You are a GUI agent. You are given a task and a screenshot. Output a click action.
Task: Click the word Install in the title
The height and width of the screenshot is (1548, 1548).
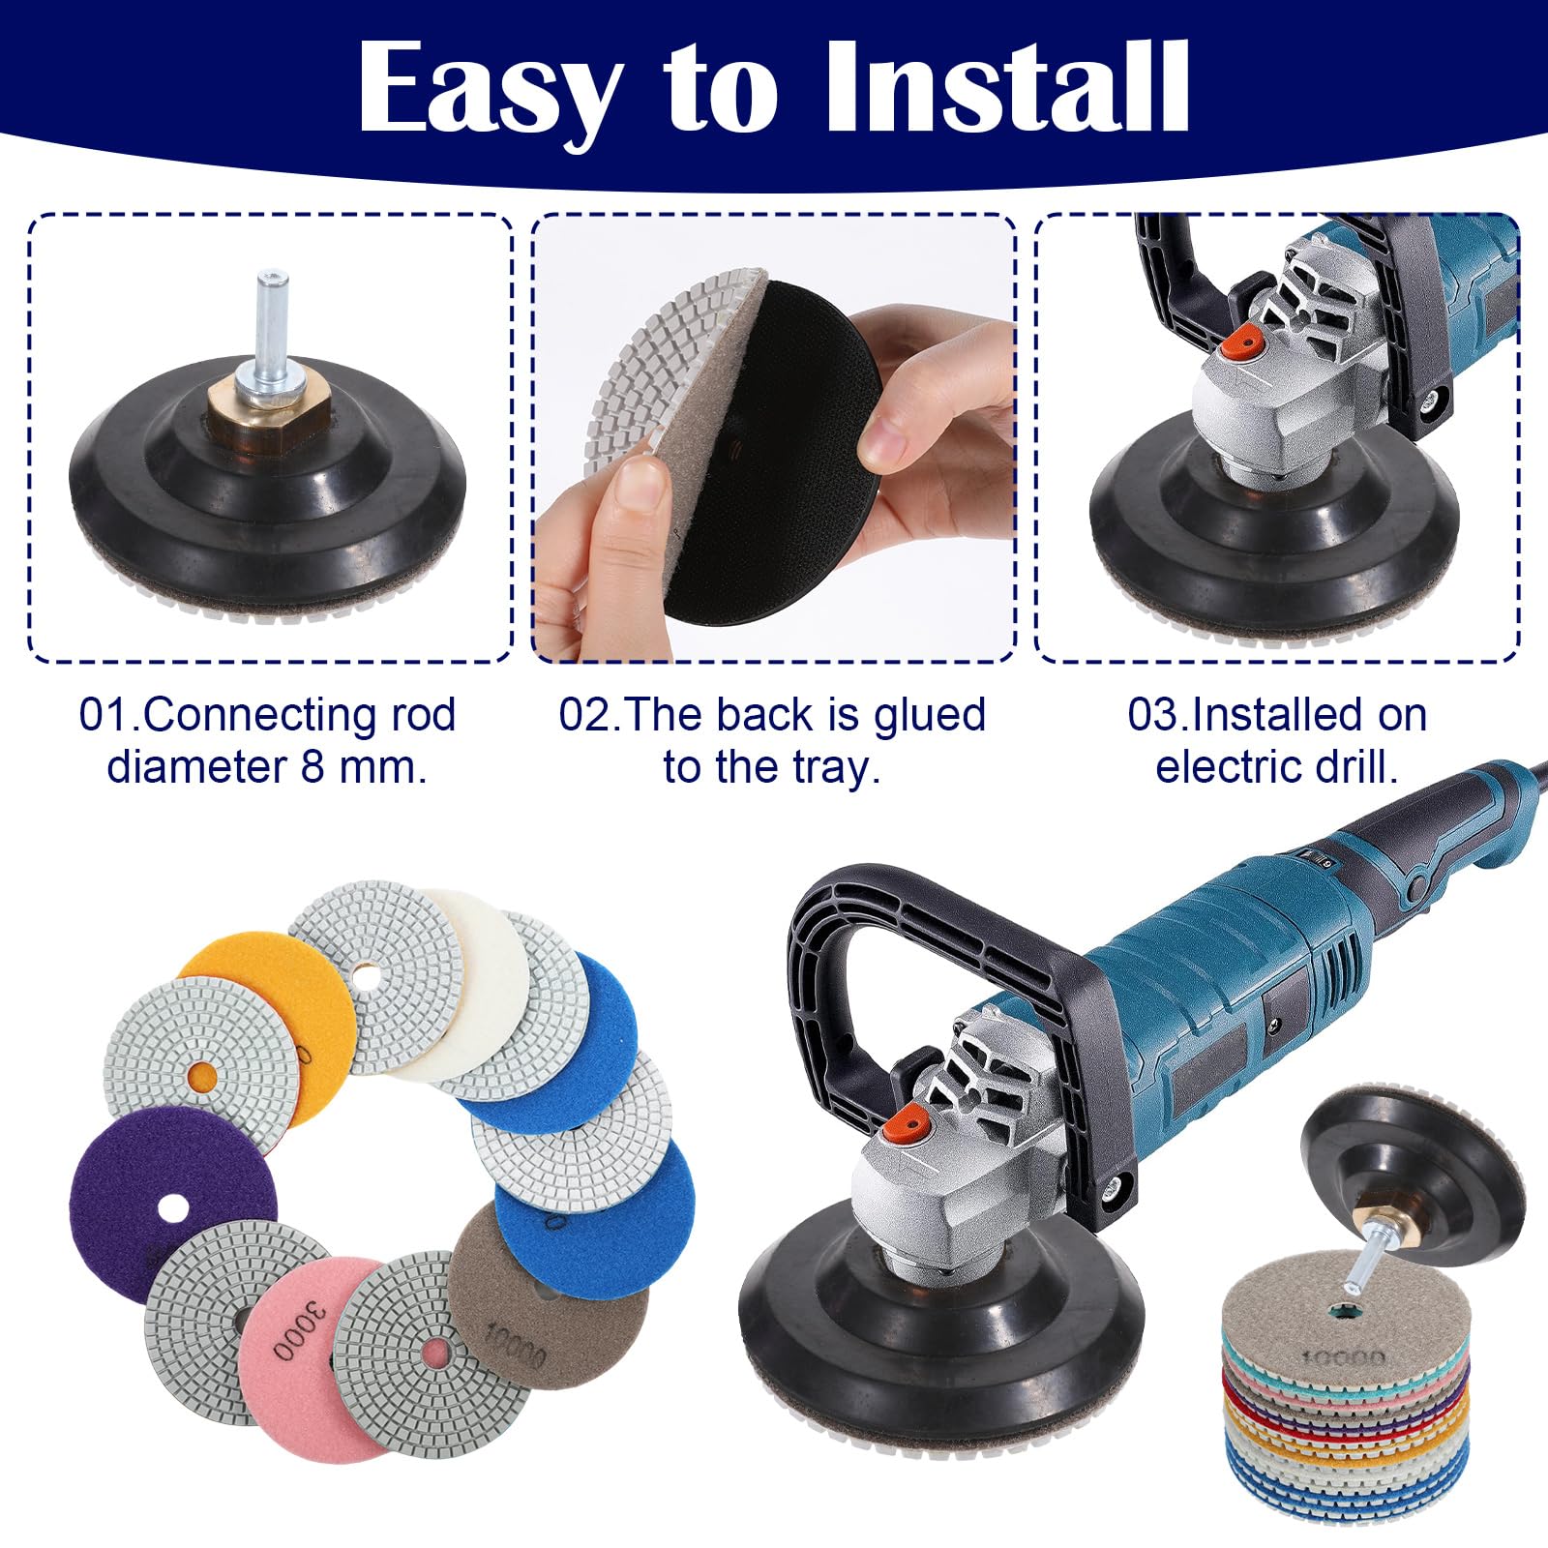point(1005,88)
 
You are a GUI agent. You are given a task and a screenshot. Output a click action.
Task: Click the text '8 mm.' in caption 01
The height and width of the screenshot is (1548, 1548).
point(364,767)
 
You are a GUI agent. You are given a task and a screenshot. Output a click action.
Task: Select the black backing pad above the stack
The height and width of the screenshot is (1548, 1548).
point(1413,1171)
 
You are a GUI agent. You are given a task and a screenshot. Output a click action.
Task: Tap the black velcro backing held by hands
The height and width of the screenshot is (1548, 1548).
point(774,455)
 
